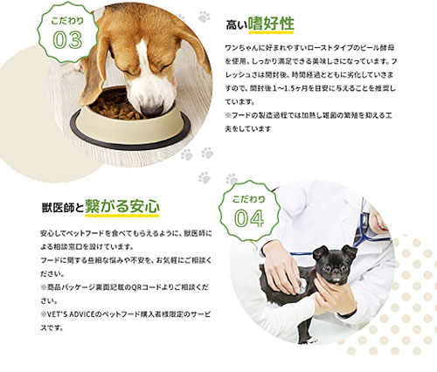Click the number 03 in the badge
click(67, 40)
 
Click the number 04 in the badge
click(249, 218)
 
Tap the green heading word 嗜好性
click(271, 24)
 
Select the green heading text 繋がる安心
click(122, 206)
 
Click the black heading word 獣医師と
click(63, 208)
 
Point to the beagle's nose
click(152, 111)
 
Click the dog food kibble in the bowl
click(116, 107)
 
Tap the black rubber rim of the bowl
click(130, 143)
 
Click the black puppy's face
click(334, 264)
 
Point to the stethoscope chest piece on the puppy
click(301, 286)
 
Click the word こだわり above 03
click(67, 21)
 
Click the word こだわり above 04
click(249, 199)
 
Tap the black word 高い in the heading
click(237, 25)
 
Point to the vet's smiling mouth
click(383, 224)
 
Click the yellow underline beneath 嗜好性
click(271, 32)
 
